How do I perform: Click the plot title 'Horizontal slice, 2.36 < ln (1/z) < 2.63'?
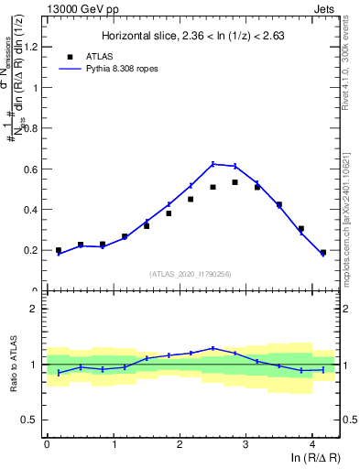click(193, 36)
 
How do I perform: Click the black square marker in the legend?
click(71, 56)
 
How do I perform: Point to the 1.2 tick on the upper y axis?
click(35, 48)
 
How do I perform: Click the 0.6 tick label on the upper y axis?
click(35, 169)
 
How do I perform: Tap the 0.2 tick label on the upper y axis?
click(35, 250)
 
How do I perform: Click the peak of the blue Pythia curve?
click(213, 164)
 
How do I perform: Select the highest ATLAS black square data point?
click(235, 182)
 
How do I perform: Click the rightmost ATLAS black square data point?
click(323, 252)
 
